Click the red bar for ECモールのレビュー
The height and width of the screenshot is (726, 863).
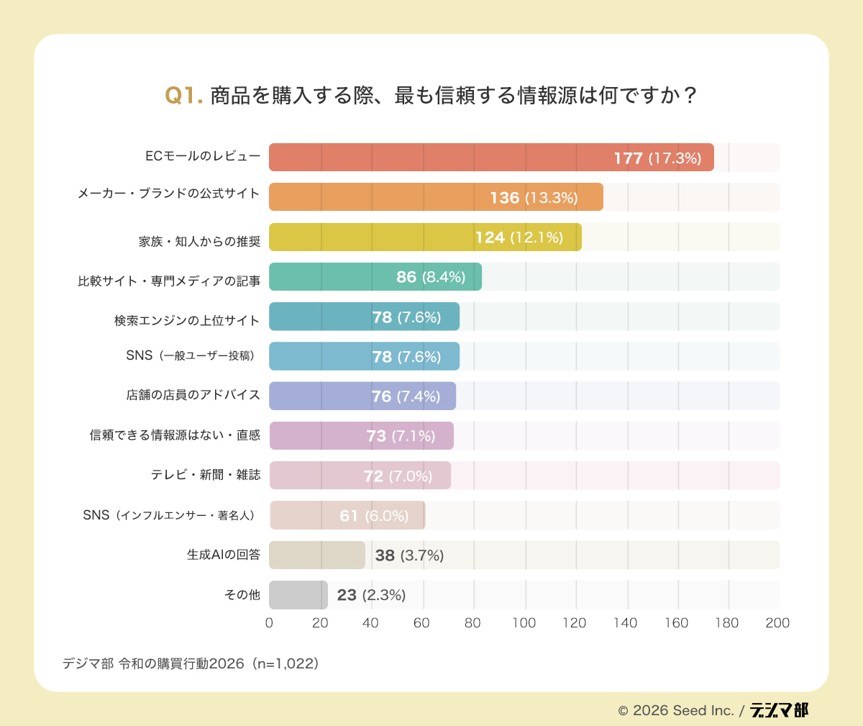pyautogui.click(x=431, y=158)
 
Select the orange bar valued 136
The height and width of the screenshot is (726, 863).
pyautogui.click(x=374, y=197)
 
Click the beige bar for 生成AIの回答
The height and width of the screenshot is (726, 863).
pyautogui.click(x=316, y=555)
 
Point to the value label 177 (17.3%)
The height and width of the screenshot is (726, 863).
pyautogui.click(x=657, y=158)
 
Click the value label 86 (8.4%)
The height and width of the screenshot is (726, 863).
pyautogui.click(x=431, y=277)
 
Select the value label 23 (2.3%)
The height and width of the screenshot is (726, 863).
pyautogui.click(x=371, y=595)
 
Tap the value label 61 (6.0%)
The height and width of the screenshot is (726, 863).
pyautogui.click(x=374, y=516)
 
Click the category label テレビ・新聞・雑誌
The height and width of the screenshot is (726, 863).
pyautogui.click(x=206, y=475)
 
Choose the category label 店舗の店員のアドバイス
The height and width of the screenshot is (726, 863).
pyautogui.click(x=193, y=395)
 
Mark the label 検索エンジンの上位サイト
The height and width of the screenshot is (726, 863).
pyautogui.click(x=187, y=320)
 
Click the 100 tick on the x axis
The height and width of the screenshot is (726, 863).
pyautogui.click(x=524, y=623)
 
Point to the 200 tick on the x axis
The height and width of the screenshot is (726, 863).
pyautogui.click(x=777, y=623)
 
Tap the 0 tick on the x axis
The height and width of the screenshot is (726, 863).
pyautogui.click(x=269, y=623)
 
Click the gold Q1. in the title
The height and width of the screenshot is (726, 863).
pyautogui.click(x=184, y=96)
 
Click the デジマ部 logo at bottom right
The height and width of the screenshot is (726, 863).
pyautogui.click(x=779, y=710)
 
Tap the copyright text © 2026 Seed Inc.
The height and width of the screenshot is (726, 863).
pyautogui.click(x=675, y=711)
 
